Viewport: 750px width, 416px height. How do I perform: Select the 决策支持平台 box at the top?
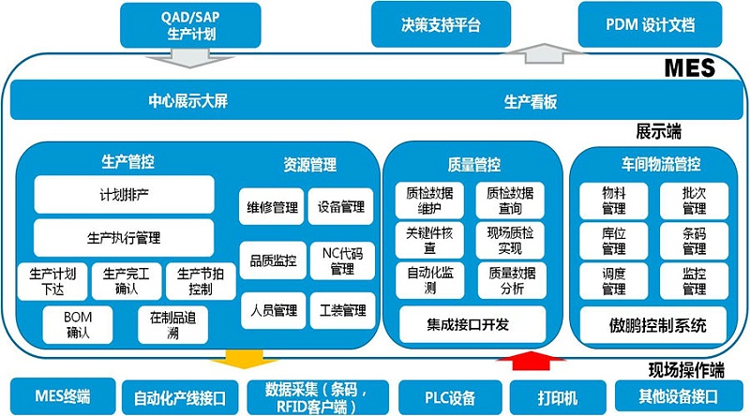(440, 24)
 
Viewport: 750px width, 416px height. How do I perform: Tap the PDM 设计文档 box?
(650, 24)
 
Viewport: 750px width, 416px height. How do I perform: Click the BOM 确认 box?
(78, 324)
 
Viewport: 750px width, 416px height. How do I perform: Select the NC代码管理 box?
(341, 260)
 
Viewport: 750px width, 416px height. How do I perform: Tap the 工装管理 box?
(341, 309)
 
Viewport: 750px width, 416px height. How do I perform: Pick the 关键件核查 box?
(428, 239)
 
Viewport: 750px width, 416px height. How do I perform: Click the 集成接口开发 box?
(473, 325)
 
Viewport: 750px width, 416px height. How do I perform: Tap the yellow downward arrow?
(232, 360)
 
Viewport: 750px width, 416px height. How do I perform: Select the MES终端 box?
(61, 394)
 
